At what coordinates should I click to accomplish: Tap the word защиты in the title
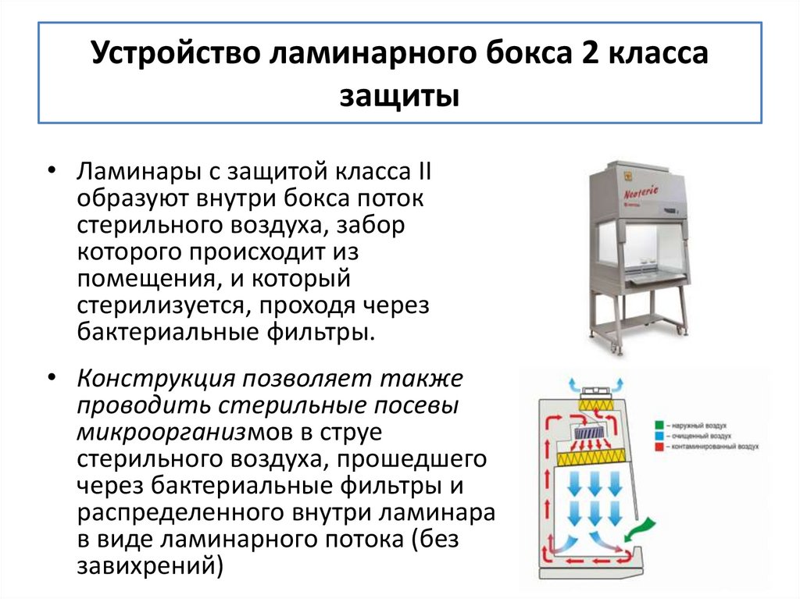pos(399,98)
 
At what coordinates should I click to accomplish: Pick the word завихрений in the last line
pos(145,564)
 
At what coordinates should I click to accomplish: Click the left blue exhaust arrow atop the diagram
pos(574,386)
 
